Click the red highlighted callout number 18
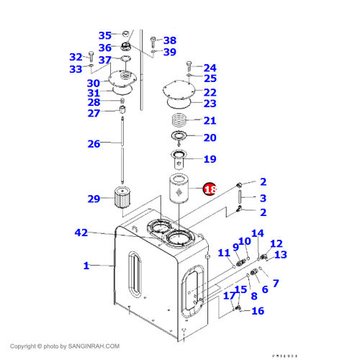click(x=210, y=189)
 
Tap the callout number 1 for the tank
click(x=86, y=266)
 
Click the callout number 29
click(x=94, y=198)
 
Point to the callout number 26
click(x=94, y=144)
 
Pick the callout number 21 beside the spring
click(x=210, y=120)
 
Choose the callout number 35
click(x=105, y=35)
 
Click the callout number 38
click(x=169, y=40)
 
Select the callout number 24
click(x=210, y=68)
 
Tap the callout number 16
click(x=257, y=311)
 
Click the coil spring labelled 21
click(x=181, y=120)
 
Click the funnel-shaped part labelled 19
click(x=178, y=157)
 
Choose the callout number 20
click(x=210, y=138)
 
